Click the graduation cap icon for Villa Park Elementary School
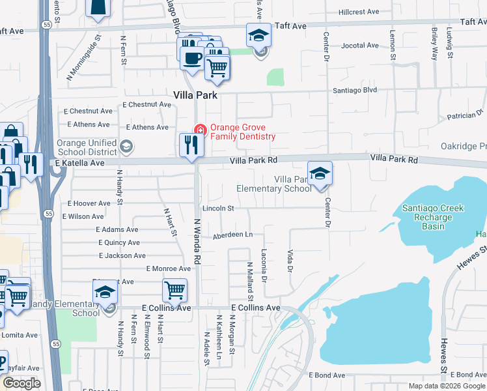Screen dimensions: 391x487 (320, 173)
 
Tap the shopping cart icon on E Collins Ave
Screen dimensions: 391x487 (174, 290)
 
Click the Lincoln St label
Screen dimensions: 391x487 (217, 208)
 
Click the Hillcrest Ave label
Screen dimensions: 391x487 (359, 12)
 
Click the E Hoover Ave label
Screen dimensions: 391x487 (89, 203)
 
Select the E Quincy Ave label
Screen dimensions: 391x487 (118, 242)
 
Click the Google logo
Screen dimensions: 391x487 (21, 383)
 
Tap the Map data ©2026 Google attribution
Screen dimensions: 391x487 (447, 386)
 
